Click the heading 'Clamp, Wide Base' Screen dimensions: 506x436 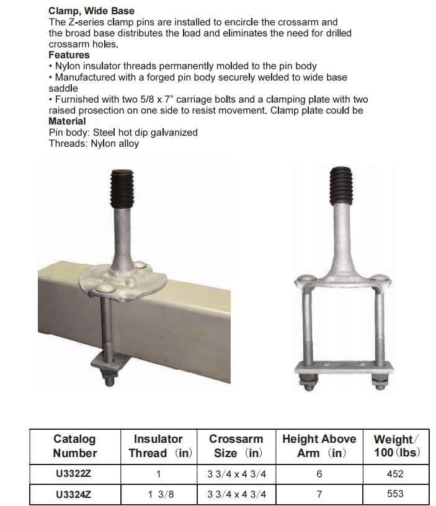pyautogui.click(x=91, y=11)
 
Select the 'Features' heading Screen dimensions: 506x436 pyautogui.click(x=69, y=55)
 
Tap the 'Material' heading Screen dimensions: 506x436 pyautogui.click(x=67, y=121)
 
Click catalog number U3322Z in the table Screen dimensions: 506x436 pyautogui.click(x=75, y=474)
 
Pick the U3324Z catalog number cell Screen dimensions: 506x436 pyautogui.click(x=75, y=494)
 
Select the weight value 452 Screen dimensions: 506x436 pyautogui.click(x=394, y=474)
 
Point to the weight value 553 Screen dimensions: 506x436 pyautogui.click(x=394, y=494)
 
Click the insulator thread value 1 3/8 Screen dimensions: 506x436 pyautogui.click(x=158, y=494)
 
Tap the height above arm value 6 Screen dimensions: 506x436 pyautogui.click(x=319, y=474)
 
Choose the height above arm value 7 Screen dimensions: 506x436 pyautogui.click(x=319, y=494)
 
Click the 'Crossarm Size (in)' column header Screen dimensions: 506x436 pyautogui.click(x=236, y=446)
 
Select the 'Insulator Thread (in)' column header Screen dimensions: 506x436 pyautogui.click(x=158, y=446)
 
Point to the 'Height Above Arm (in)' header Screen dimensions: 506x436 pyautogui.click(x=319, y=446)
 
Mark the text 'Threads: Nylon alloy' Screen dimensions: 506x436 pyautogui.click(x=94, y=144)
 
